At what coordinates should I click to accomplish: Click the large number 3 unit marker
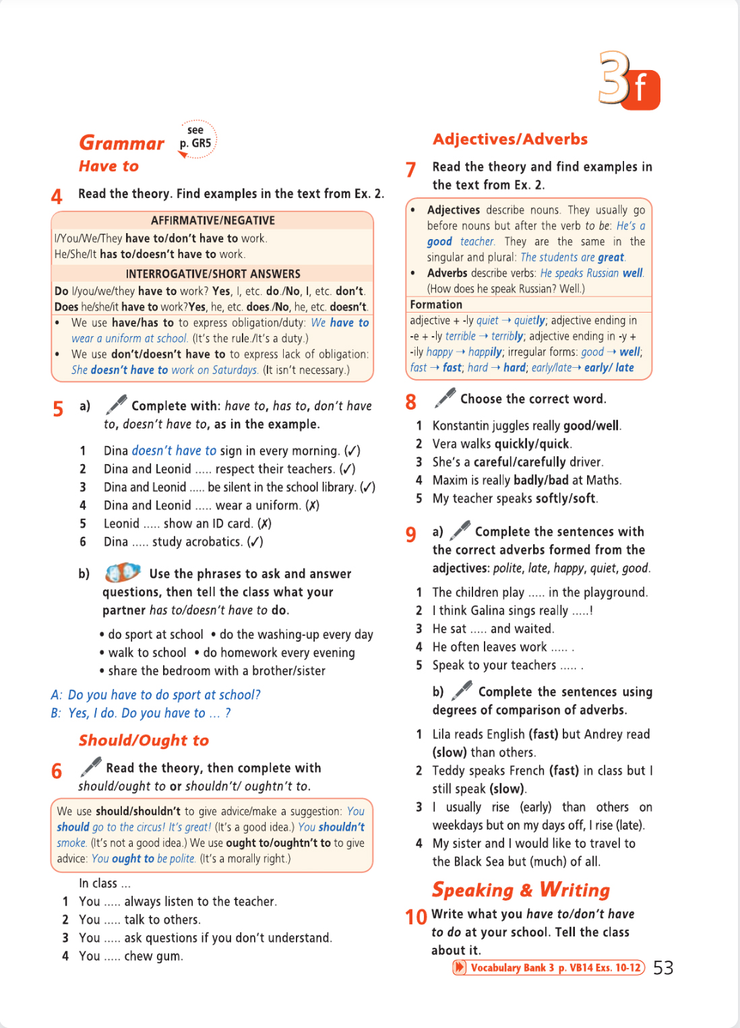615,78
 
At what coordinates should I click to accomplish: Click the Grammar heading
121,143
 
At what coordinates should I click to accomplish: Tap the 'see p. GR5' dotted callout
196,138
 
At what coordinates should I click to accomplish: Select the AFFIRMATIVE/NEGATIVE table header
212,220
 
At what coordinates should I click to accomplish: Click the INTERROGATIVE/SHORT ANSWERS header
212,274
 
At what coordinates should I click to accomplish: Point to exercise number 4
57,196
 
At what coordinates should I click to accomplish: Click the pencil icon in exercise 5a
116,404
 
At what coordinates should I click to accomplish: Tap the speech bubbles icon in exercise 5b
122,573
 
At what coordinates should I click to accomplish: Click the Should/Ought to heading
144,740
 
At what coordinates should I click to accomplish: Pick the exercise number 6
57,771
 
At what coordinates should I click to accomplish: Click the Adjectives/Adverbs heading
510,139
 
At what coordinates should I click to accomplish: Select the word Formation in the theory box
436,304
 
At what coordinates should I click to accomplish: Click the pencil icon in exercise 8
445,397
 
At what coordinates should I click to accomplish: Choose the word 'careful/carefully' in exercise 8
519,462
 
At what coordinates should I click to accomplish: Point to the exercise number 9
411,534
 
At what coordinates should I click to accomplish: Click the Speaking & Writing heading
520,890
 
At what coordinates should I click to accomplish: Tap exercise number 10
416,917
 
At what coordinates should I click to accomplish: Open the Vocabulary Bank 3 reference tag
548,967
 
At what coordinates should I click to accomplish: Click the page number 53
663,968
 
